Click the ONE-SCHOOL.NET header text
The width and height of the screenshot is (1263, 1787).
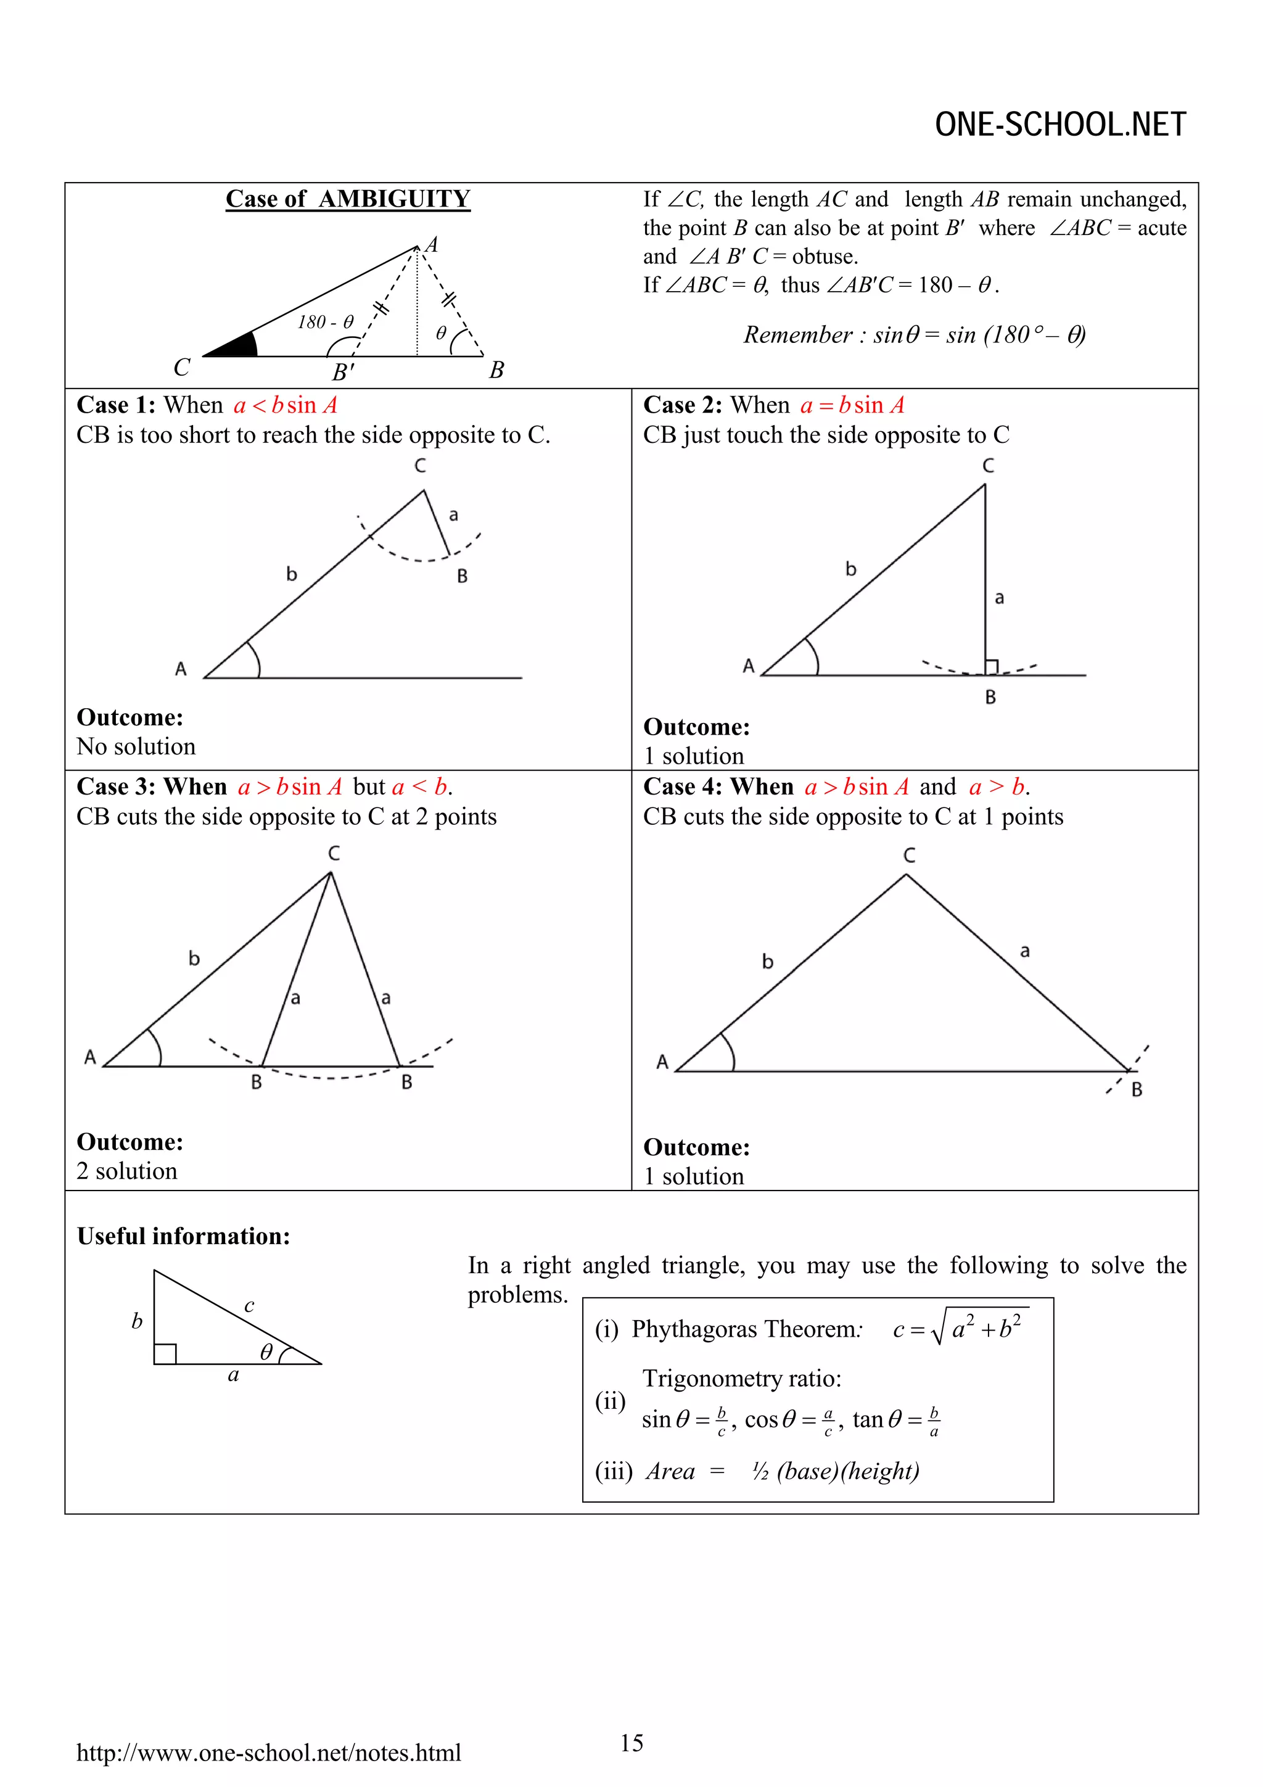pos(1060,125)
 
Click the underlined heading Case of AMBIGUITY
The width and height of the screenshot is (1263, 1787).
pos(348,199)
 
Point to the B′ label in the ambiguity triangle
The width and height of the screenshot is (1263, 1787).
pos(342,373)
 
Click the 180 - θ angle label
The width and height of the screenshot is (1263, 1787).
pos(325,322)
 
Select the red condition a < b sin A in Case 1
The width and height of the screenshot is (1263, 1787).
pos(285,405)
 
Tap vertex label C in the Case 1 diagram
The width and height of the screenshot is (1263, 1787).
pos(420,466)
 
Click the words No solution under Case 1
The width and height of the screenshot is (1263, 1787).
pos(136,746)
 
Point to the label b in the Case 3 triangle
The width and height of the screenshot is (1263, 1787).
pos(194,958)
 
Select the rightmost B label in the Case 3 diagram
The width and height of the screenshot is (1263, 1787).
pos(406,1083)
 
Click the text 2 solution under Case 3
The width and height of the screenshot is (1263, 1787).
pos(127,1171)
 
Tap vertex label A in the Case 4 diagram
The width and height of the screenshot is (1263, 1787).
pos(662,1062)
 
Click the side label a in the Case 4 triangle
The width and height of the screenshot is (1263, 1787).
pos(1025,951)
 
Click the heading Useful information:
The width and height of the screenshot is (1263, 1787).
pos(184,1236)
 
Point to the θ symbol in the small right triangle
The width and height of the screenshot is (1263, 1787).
pos(266,1352)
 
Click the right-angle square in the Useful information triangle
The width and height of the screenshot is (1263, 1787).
pos(165,1353)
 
